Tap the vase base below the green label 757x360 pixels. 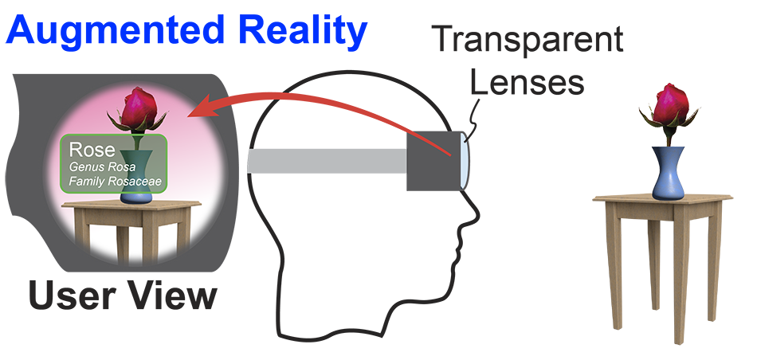point(132,196)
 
